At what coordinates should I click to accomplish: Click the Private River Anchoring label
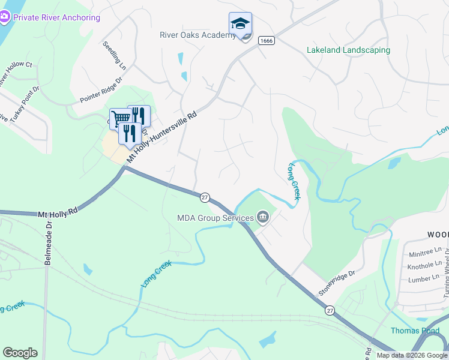(x=56, y=17)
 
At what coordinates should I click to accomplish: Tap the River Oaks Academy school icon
(x=240, y=24)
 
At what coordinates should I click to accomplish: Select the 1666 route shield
(x=267, y=40)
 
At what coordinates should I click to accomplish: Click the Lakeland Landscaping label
(x=348, y=50)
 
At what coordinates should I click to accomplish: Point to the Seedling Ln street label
(x=114, y=53)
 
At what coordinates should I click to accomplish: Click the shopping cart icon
(x=120, y=118)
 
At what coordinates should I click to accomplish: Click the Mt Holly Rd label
(x=58, y=212)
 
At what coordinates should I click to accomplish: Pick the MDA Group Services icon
(x=262, y=217)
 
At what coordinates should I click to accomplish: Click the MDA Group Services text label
(x=215, y=217)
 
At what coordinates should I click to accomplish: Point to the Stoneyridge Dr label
(x=337, y=283)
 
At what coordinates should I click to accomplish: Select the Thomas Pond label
(x=415, y=331)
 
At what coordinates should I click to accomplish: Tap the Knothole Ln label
(x=424, y=265)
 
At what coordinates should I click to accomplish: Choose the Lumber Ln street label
(x=423, y=278)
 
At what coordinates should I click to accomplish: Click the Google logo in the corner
(x=20, y=353)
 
